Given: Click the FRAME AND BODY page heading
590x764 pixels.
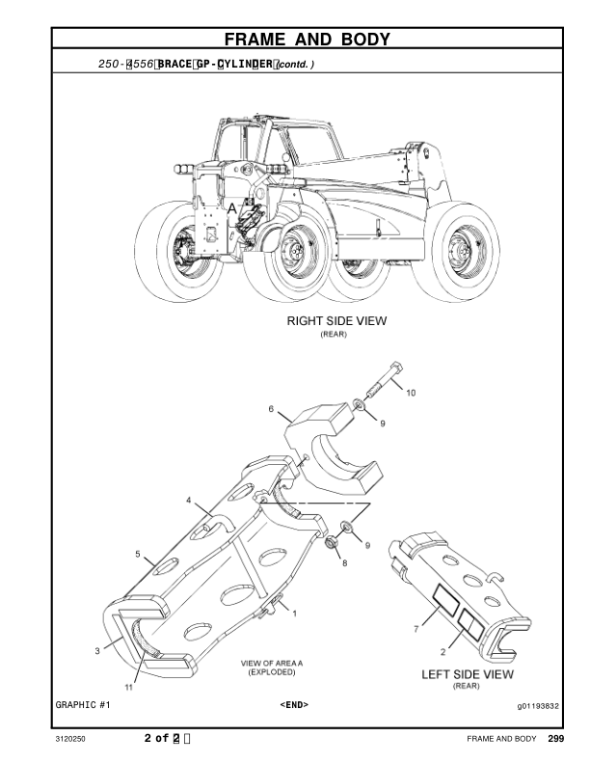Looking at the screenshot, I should tap(307, 40).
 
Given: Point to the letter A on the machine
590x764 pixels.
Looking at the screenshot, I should tap(231, 208).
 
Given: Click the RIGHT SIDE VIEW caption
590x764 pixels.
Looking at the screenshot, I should tap(336, 322).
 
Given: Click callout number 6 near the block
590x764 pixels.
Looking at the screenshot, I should tap(272, 409).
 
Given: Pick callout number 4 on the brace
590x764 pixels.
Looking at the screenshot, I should tap(190, 502).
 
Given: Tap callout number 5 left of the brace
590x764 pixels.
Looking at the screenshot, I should tap(138, 555).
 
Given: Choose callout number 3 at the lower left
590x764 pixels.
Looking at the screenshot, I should tap(97, 652).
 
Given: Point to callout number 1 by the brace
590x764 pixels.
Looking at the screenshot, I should tap(294, 613).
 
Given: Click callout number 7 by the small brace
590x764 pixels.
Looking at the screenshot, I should tap(416, 630).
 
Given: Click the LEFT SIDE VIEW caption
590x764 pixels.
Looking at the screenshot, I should tap(468, 674).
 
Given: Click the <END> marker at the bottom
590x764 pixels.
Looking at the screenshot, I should tap(294, 705).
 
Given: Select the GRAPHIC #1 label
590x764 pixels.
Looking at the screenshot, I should tap(82, 705).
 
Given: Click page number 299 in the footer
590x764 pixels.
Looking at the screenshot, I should tap(555, 739).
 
